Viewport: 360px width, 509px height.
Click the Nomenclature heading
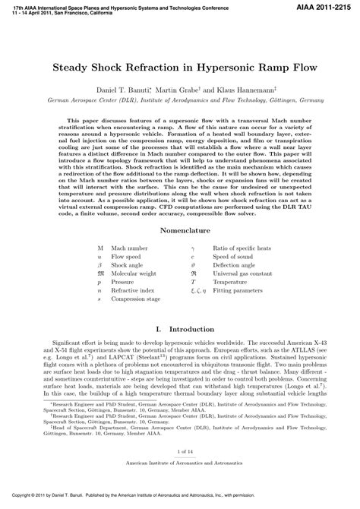click(180, 186)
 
